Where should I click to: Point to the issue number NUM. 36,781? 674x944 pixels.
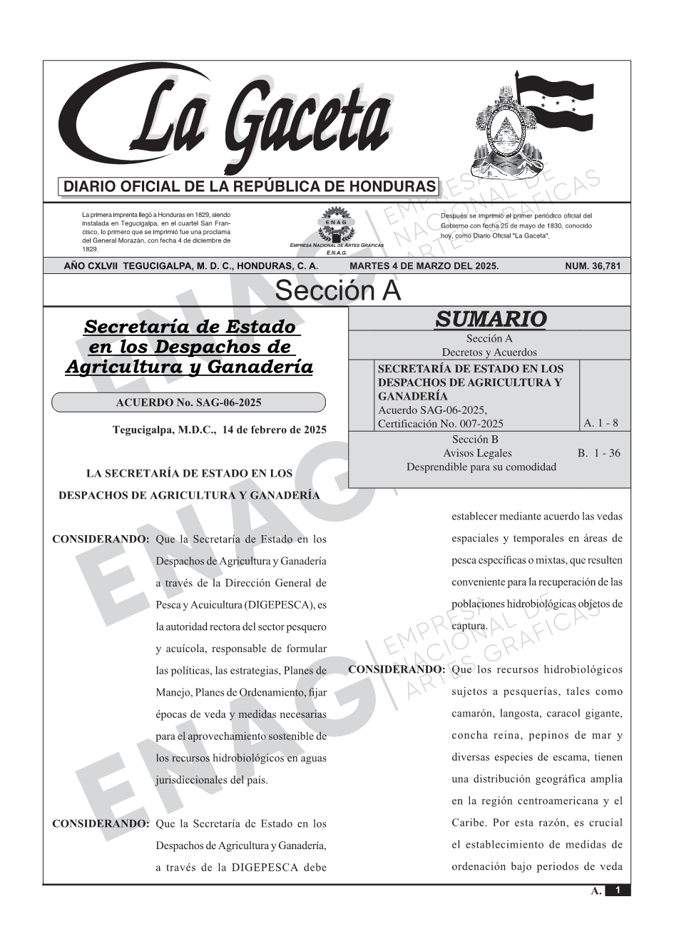[x=593, y=266]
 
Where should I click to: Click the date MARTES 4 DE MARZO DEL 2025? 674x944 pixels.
[x=424, y=266]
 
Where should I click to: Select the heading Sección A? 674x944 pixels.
[x=337, y=291]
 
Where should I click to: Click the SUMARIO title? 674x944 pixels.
[x=490, y=319]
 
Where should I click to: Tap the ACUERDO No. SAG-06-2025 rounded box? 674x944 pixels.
[x=188, y=402]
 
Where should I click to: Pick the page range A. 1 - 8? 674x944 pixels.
[x=601, y=423]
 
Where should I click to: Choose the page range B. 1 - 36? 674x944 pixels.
[x=598, y=453]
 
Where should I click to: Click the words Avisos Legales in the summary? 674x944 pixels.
[x=477, y=453]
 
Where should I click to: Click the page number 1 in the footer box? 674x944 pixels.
[x=618, y=890]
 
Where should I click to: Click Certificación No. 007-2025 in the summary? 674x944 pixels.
[x=440, y=424]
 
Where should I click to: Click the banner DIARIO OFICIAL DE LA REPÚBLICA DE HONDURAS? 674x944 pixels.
[x=250, y=187]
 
